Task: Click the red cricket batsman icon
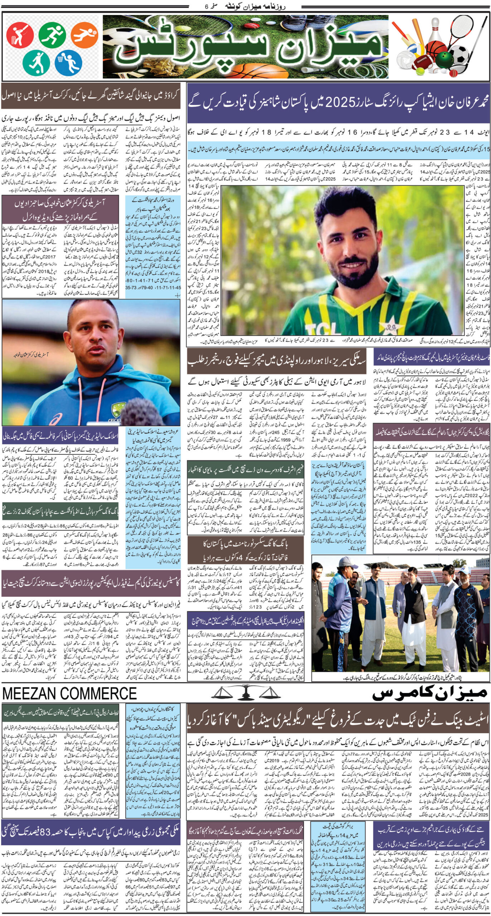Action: point(20,35)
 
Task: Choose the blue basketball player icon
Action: point(68,61)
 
